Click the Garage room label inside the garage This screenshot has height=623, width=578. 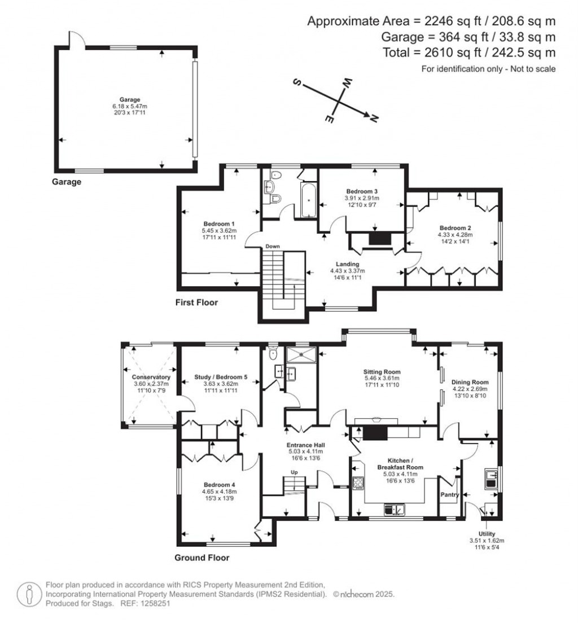[x=130, y=100]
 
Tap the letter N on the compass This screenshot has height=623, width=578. [x=374, y=118]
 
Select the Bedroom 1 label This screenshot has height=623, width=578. [x=219, y=223]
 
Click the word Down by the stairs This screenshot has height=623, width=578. [x=273, y=247]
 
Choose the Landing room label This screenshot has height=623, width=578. [x=348, y=264]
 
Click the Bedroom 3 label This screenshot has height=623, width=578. [x=362, y=191]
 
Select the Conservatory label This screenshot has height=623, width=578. [x=151, y=377]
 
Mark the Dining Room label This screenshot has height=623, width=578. [x=470, y=382]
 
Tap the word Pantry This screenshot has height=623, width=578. [x=450, y=495]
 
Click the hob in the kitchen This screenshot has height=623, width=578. [x=358, y=482]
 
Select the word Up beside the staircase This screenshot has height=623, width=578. [x=294, y=472]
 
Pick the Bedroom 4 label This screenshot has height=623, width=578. [x=220, y=485]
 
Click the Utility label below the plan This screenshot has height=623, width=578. [x=487, y=534]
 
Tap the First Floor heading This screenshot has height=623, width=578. [x=196, y=302]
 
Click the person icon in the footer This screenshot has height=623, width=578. [x=29, y=594]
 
